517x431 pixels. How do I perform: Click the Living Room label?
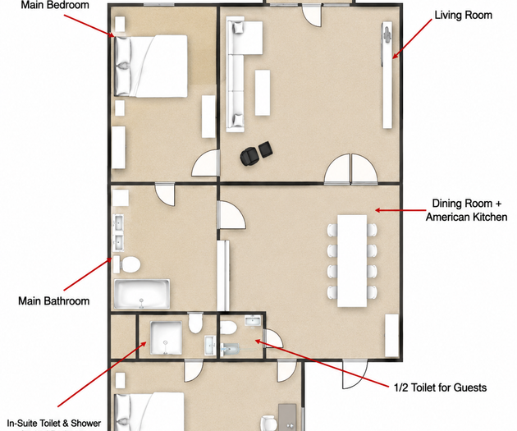click(x=463, y=15)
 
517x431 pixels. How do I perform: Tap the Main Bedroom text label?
click(x=55, y=5)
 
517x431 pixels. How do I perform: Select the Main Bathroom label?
click(x=53, y=301)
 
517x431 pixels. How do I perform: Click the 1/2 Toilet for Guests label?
click(x=440, y=387)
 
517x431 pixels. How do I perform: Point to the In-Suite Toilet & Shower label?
click(x=54, y=423)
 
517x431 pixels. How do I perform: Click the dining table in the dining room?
click(x=352, y=261)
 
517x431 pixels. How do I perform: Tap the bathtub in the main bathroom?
click(x=142, y=294)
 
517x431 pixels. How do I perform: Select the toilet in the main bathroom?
click(x=127, y=264)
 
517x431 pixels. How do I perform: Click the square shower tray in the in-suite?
click(x=166, y=337)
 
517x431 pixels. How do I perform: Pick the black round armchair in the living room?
click(x=249, y=156)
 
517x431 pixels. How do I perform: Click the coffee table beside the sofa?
click(x=263, y=92)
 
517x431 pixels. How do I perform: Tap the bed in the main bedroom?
click(x=151, y=66)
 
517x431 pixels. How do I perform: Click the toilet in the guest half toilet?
click(x=228, y=328)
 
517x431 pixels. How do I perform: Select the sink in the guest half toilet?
click(x=253, y=320)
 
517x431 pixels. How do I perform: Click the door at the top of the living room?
click(x=312, y=16)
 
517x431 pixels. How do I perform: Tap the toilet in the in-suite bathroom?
click(x=194, y=323)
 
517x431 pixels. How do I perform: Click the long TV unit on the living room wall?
click(x=387, y=76)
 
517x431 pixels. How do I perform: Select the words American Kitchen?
click(x=466, y=217)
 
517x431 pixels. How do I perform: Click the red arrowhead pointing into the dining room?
click(x=378, y=210)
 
